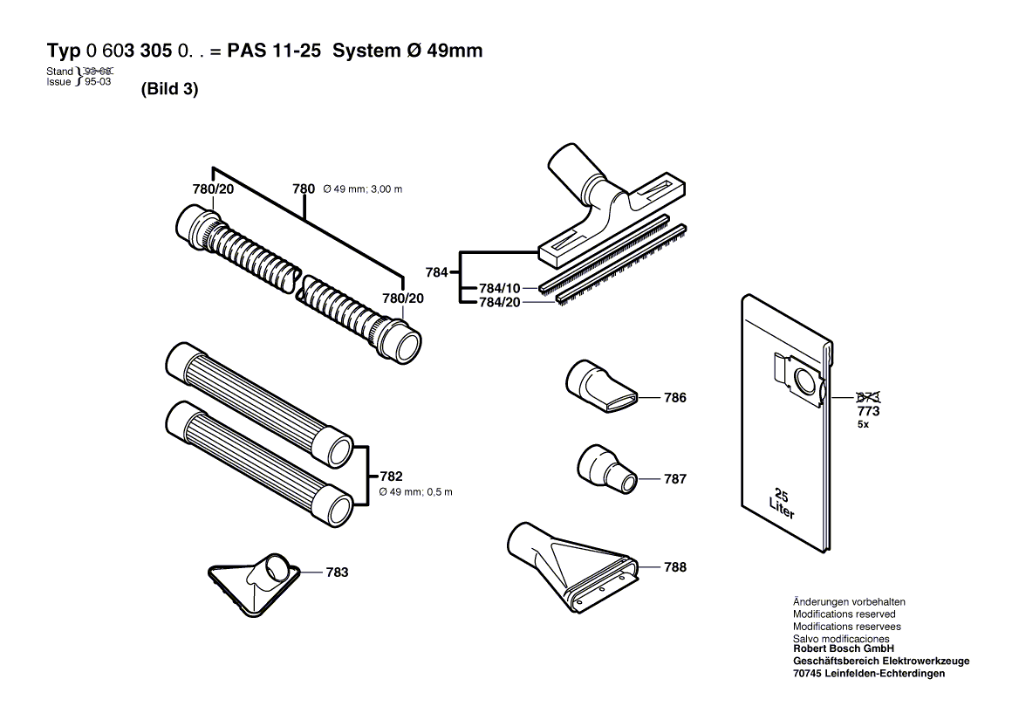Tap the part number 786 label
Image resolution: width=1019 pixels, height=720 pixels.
pyautogui.click(x=674, y=398)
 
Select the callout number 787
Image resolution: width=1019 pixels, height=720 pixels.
pyautogui.click(x=674, y=479)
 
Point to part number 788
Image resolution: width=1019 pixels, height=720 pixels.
pyautogui.click(x=674, y=567)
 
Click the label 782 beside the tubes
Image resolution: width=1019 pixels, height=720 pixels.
pyautogui.click(x=391, y=477)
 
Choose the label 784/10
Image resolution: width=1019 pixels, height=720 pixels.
pyautogui.click(x=499, y=288)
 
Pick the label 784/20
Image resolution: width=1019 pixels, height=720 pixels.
pyautogui.click(x=499, y=302)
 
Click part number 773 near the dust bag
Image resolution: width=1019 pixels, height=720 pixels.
pyautogui.click(x=868, y=411)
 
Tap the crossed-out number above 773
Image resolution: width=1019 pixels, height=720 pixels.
pyautogui.click(x=868, y=397)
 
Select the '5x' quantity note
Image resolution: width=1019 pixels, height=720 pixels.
pyautogui.click(x=863, y=425)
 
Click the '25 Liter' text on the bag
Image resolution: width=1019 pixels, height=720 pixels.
pyautogui.click(x=782, y=503)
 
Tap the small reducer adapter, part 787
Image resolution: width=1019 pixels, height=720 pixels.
pyautogui.click(x=604, y=470)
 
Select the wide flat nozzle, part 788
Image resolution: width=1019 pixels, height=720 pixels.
pyautogui.click(x=571, y=564)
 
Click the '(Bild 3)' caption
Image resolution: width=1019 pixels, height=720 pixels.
pyautogui.click(x=169, y=90)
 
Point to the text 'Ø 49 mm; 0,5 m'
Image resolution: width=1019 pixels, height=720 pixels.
pyautogui.click(x=416, y=492)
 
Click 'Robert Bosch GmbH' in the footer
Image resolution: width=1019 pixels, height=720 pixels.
pyautogui.click(x=843, y=649)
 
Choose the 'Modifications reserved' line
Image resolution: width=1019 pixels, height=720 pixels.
pyautogui.click(x=844, y=614)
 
